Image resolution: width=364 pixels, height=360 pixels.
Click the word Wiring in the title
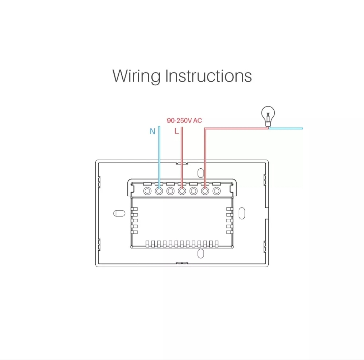(x=136, y=76)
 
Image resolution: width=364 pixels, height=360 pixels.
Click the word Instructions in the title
(x=208, y=76)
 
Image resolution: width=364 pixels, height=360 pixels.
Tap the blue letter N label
(x=152, y=131)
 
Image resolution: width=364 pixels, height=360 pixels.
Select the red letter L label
(x=177, y=131)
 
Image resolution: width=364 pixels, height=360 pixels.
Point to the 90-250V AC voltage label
(x=184, y=120)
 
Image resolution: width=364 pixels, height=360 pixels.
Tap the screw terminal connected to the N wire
(x=159, y=191)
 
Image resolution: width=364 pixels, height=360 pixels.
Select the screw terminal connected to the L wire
(x=182, y=191)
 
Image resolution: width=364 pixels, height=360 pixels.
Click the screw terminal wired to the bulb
(x=205, y=191)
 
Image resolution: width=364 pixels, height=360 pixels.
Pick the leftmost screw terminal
(x=147, y=191)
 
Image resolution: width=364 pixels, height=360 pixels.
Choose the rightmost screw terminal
(x=216, y=191)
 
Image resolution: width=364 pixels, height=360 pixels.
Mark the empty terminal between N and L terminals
(x=170, y=191)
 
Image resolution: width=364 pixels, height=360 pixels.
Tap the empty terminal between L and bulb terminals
(x=193, y=191)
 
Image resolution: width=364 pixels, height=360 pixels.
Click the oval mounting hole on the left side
(x=119, y=213)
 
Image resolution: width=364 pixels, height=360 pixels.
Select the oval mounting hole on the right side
(x=242, y=213)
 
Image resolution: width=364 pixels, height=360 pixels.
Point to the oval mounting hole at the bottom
(x=201, y=253)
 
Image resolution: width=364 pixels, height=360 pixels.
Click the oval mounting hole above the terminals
(x=201, y=173)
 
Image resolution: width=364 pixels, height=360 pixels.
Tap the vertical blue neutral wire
(x=159, y=152)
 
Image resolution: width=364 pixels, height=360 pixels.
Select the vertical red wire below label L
(x=182, y=152)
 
